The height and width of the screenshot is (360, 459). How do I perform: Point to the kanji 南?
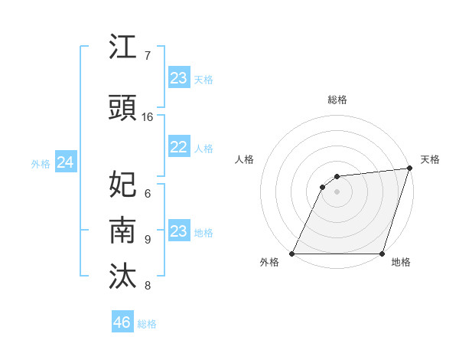(123, 230)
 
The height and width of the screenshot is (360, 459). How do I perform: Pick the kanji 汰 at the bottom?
(123, 277)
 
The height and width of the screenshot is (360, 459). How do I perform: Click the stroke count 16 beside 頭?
(148, 117)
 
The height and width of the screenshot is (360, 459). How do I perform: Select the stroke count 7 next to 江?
(148, 56)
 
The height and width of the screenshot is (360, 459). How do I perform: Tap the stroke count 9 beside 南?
(148, 240)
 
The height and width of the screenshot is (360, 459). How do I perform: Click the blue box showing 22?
(178, 147)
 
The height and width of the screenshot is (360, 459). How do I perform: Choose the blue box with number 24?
(65, 162)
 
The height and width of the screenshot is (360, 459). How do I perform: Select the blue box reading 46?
(122, 322)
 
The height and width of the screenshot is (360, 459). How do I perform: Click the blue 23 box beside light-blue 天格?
(178, 78)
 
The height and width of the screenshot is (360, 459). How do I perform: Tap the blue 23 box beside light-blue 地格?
(178, 231)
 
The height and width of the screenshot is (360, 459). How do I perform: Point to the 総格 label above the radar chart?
(337, 100)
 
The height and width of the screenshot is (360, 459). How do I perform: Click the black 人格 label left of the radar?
(245, 159)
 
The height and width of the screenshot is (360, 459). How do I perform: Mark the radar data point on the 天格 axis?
(410, 169)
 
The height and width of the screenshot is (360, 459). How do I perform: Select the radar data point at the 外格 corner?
(292, 254)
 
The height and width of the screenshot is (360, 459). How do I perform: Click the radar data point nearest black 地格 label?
(382, 254)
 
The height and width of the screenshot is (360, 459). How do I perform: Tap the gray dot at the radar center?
(337, 191)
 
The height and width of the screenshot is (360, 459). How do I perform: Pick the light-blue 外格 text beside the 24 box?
(41, 163)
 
